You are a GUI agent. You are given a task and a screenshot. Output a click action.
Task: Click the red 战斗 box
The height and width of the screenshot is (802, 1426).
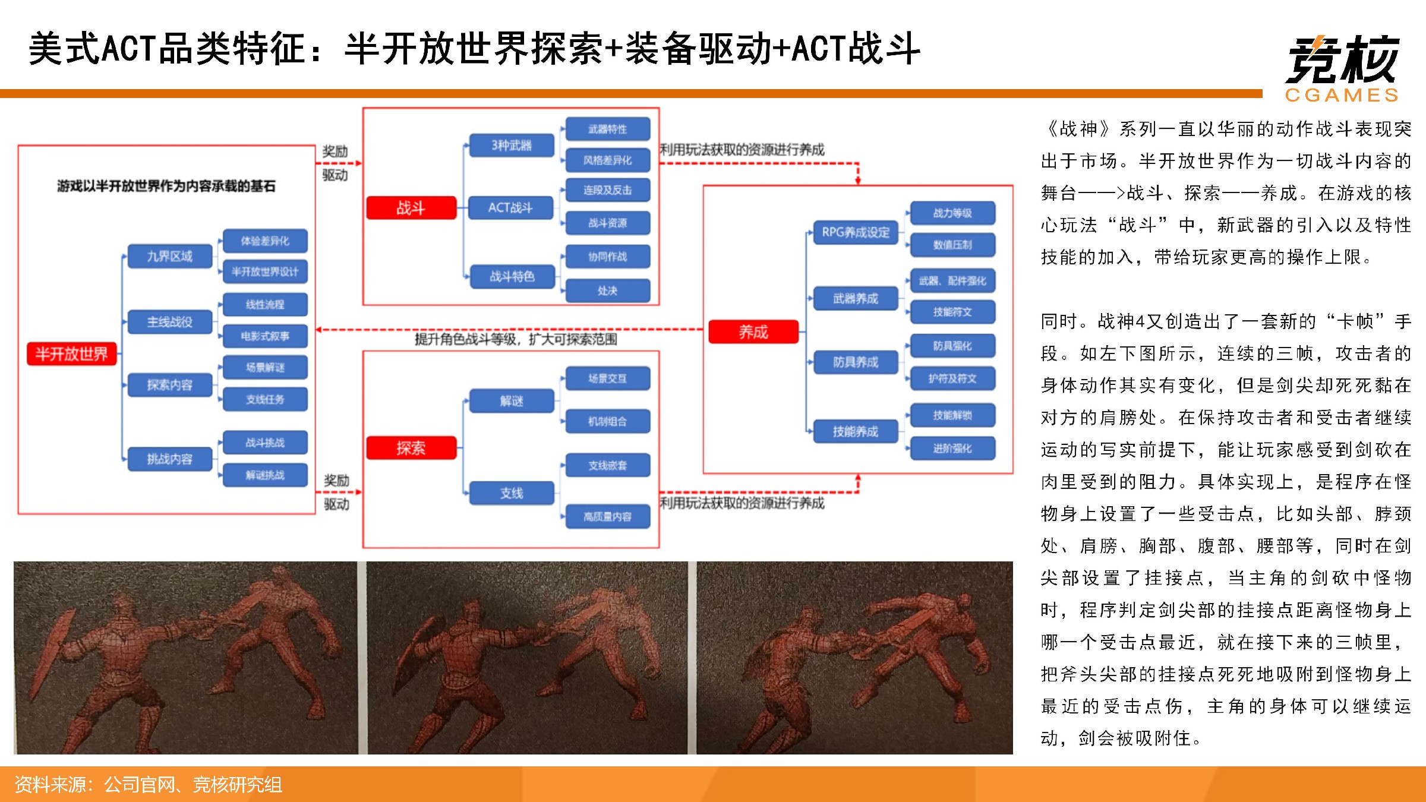coord(411,208)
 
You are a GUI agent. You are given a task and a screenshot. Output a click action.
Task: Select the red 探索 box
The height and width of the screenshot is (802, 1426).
coord(411,448)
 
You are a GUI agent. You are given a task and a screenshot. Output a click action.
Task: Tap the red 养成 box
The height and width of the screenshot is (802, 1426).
coord(753,332)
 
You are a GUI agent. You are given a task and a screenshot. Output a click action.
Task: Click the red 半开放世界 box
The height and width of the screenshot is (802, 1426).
coord(71,354)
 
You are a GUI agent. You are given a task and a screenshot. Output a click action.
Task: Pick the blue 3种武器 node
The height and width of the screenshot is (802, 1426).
coord(512,146)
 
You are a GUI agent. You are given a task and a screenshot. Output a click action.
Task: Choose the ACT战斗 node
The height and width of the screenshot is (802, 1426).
coord(510,208)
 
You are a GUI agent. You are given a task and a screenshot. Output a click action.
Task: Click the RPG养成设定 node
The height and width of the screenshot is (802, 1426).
coord(856,232)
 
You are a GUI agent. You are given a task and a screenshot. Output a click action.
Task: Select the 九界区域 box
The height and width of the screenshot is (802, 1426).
coord(170,257)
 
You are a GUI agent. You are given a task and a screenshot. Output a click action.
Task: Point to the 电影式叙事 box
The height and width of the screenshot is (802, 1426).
coord(265,336)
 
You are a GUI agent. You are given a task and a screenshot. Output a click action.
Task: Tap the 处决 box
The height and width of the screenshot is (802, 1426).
coord(608,291)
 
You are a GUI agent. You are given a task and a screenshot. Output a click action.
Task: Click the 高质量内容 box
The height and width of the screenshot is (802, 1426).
coord(608,517)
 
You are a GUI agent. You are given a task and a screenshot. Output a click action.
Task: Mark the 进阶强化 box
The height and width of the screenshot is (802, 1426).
coord(952,449)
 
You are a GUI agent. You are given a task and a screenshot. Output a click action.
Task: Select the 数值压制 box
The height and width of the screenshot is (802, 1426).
coord(952,245)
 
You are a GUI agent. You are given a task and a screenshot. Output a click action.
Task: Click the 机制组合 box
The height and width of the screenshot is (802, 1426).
coord(608,422)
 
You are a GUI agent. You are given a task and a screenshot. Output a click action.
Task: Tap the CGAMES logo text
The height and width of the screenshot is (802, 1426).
coord(1342,96)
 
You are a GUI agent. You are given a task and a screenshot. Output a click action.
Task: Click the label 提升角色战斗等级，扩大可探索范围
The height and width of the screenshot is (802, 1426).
coord(516,340)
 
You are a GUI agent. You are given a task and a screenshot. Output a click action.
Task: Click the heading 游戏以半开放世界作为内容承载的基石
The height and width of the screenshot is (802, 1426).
coord(166,187)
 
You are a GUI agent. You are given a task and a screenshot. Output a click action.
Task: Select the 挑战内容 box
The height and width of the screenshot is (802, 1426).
coord(170,459)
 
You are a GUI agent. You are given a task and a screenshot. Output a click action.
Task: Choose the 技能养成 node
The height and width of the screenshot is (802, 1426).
coord(856,432)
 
